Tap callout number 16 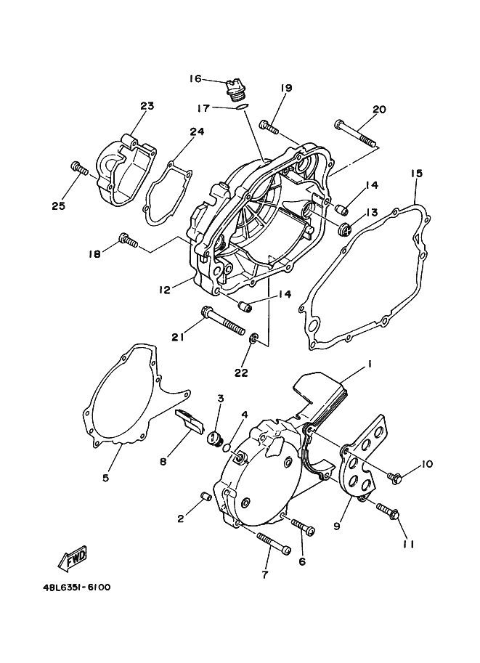[x=195, y=79]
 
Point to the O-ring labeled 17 [x=243, y=109]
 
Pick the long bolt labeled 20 [x=356, y=133]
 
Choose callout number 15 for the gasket [x=416, y=174]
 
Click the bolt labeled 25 [x=79, y=168]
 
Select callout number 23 [x=147, y=106]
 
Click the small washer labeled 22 [x=254, y=340]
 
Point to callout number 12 [x=165, y=290]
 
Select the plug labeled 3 [x=215, y=438]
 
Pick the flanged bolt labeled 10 [x=394, y=478]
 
